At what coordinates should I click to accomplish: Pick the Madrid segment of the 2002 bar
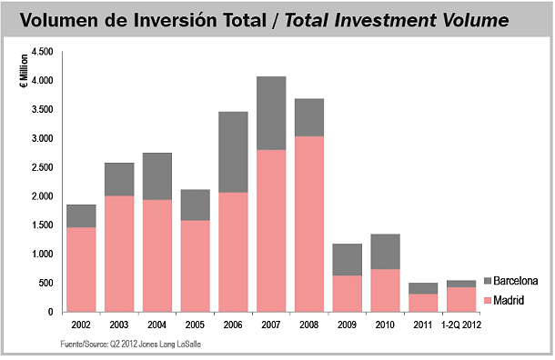[x=80, y=269]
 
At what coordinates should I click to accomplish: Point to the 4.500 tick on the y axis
[x=43, y=52]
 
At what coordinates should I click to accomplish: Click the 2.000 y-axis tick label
[x=43, y=196]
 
